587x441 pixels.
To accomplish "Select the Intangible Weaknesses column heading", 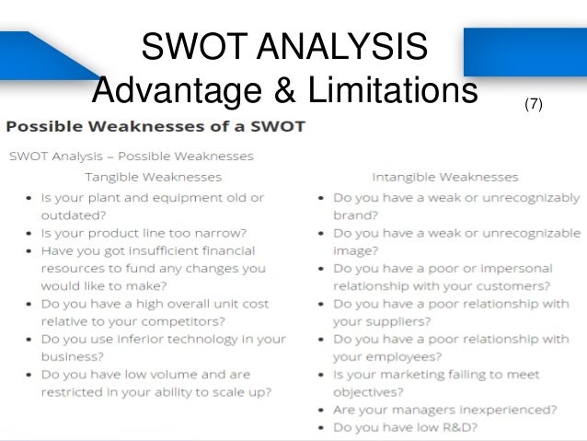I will click(x=444, y=176).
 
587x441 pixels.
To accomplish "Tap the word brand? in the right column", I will click(x=352, y=215).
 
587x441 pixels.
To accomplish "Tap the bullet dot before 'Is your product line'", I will click(x=30, y=233).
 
